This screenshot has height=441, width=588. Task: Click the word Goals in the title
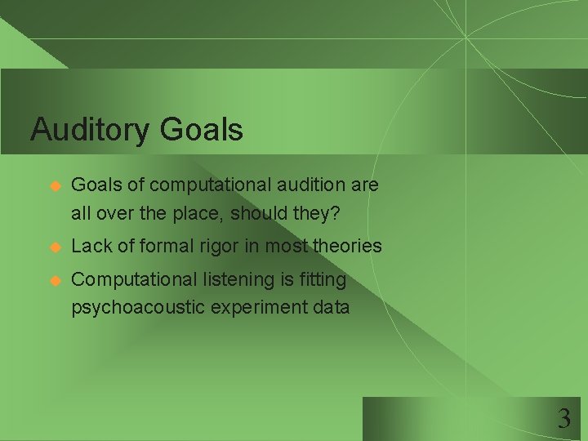tap(202, 130)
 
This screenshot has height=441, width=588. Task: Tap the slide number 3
tap(563, 420)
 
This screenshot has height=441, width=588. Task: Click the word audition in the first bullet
tap(310, 185)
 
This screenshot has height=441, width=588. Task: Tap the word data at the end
tap(332, 308)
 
